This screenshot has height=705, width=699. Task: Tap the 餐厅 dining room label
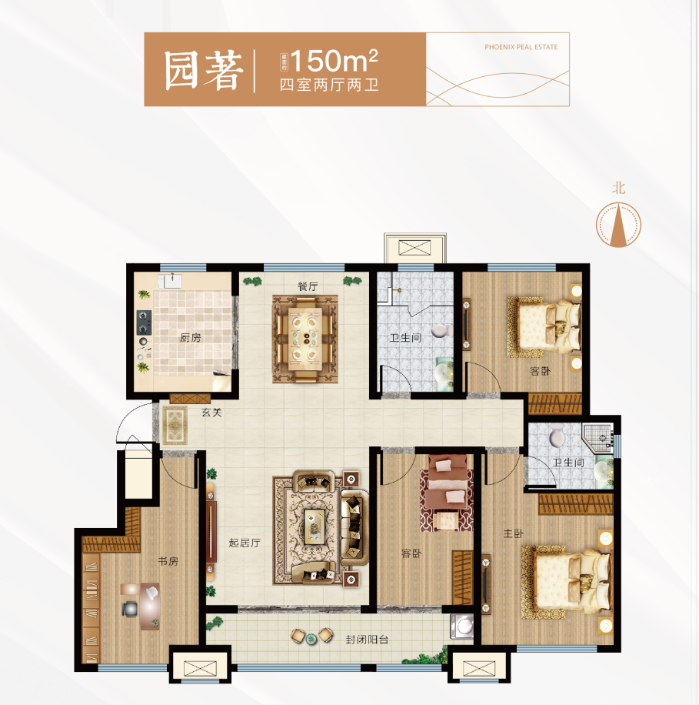(308, 286)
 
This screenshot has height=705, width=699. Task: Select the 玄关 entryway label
(211, 413)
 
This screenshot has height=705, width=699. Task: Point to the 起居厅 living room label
(245, 543)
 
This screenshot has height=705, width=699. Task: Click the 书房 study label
(168, 562)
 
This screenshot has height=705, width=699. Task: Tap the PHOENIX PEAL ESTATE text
(521, 47)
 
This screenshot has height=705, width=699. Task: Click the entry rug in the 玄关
(175, 423)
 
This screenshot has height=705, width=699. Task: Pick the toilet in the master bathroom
(557, 437)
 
